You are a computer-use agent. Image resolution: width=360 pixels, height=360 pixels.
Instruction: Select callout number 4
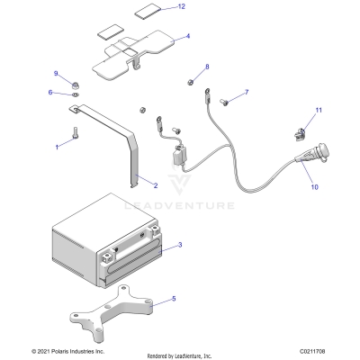(188, 37)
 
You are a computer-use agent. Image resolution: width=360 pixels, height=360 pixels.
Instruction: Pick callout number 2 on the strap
(155, 185)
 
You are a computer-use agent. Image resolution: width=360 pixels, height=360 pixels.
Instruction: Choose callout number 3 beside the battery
(179, 244)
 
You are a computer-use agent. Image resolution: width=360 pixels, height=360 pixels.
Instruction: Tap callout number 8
(206, 67)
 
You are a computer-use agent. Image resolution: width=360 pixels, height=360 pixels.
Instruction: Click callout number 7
(246, 93)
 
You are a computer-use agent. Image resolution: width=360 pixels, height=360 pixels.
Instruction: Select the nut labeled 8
(192, 82)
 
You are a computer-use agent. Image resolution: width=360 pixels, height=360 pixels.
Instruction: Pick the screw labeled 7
(226, 102)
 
